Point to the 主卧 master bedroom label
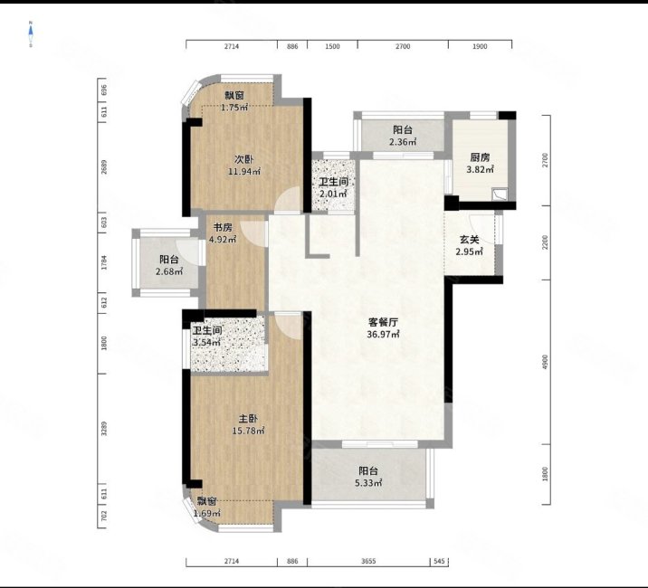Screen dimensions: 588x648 click(x=248, y=418)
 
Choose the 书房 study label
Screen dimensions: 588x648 click(x=223, y=227)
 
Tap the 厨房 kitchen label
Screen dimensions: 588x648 click(x=479, y=156)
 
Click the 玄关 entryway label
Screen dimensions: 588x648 click(x=470, y=238)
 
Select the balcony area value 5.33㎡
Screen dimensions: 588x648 click(x=368, y=483)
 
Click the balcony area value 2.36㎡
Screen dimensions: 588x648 click(x=403, y=142)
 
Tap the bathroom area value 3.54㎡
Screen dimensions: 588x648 click(x=207, y=343)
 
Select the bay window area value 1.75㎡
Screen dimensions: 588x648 click(x=234, y=108)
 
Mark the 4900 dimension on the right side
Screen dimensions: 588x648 click(x=546, y=361)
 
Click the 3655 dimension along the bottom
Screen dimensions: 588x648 click(x=369, y=562)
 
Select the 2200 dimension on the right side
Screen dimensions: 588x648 click(x=546, y=242)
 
